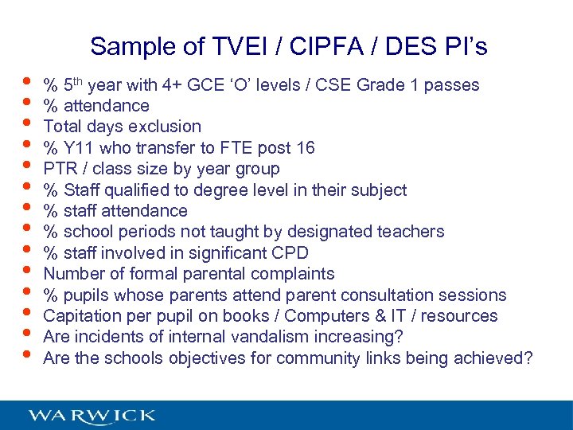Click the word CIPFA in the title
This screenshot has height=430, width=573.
coord(328,47)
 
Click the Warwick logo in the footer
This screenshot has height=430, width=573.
coord(92,415)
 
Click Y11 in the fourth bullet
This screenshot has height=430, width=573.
coord(77,148)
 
